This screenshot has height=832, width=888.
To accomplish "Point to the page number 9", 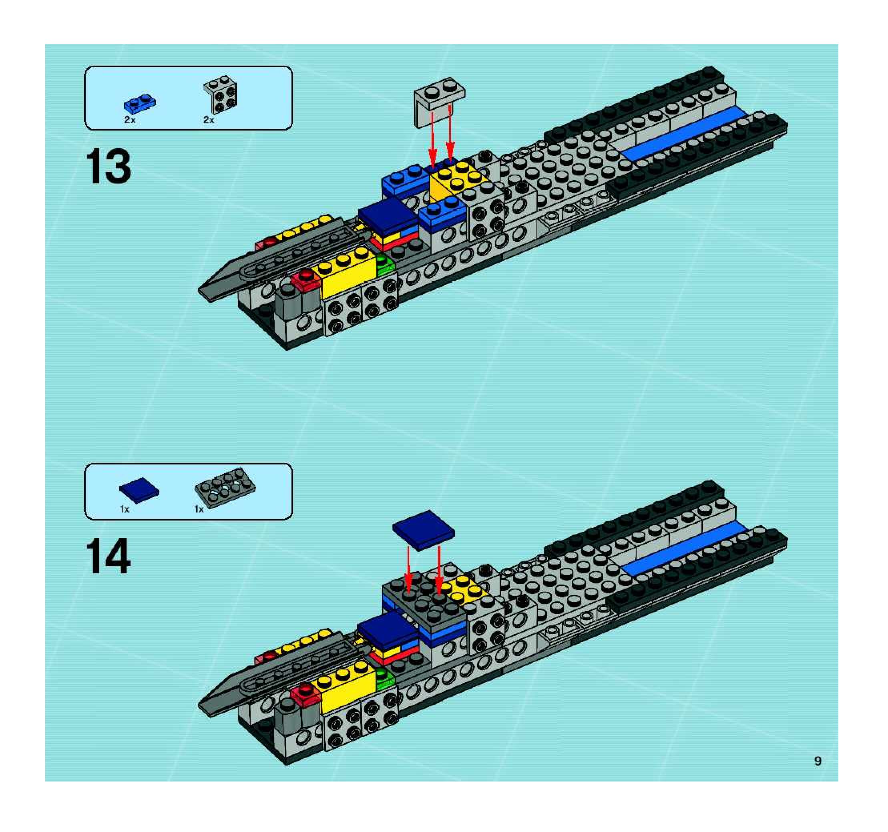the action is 818,761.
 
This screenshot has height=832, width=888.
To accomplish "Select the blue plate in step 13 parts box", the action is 140,104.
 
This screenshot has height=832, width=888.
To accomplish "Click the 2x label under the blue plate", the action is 130,120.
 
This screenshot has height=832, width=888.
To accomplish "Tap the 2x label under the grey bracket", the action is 209,120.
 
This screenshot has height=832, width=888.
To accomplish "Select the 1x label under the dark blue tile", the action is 125,509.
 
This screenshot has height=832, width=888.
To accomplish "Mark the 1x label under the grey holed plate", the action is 199,509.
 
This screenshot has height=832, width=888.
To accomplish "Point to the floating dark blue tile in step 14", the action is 423,530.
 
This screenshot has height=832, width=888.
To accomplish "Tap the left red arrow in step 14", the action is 408,573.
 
